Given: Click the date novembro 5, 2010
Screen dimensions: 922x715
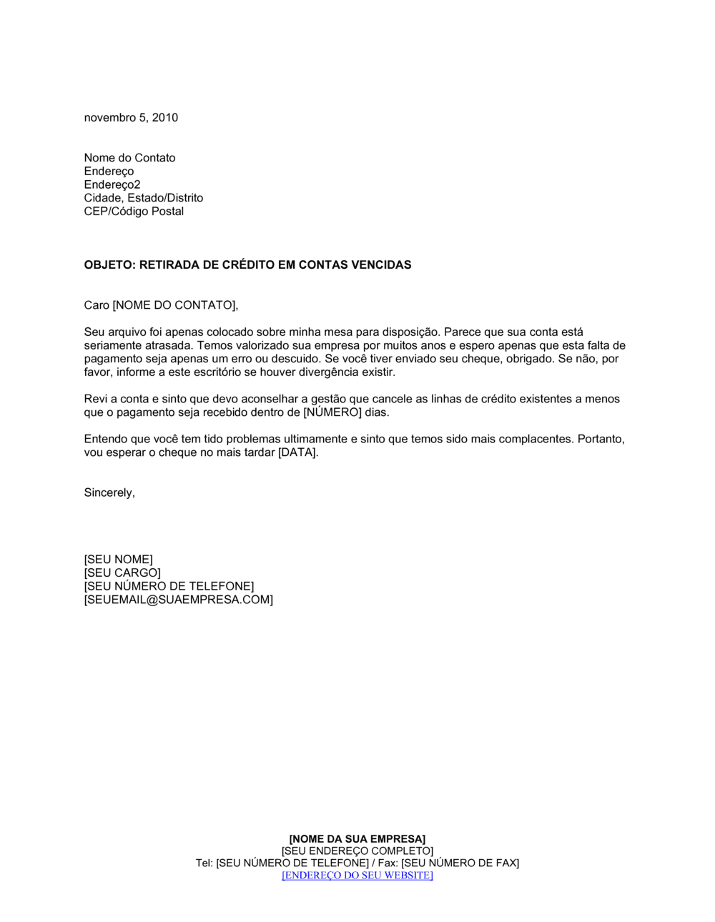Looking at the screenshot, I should (x=131, y=118).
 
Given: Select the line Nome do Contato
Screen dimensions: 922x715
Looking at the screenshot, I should (x=129, y=158).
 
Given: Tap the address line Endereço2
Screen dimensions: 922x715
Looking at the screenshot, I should (x=112, y=185).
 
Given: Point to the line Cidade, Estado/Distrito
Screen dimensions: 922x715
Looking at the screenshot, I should (x=143, y=198).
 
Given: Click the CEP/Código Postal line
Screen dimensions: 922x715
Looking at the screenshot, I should (x=134, y=212).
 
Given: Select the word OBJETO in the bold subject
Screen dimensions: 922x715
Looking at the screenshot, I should (x=108, y=265).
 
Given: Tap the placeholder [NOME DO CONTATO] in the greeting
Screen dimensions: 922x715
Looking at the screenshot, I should (x=174, y=306).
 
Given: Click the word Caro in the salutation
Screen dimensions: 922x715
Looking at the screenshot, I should (x=97, y=306).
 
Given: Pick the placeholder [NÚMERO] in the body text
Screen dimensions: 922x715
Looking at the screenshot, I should (x=331, y=413).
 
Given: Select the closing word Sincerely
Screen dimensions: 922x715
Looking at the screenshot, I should (x=109, y=493).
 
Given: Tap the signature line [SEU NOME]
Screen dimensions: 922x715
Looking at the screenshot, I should (x=118, y=560).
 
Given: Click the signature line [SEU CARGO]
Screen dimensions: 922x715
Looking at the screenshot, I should (x=122, y=573).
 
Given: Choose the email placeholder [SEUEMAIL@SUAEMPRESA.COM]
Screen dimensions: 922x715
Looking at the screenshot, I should (x=178, y=600).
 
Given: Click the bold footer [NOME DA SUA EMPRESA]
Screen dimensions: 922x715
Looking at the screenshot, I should (x=357, y=839).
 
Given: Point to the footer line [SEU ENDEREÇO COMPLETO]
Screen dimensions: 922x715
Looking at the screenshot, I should (x=357, y=851).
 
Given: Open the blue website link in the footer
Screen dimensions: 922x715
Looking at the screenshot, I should (x=357, y=876).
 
